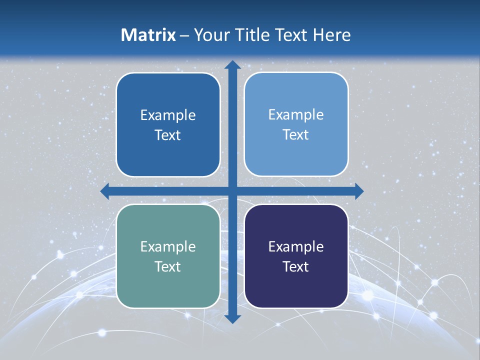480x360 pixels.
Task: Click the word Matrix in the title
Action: coord(148,35)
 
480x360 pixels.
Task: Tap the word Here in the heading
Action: coord(331,35)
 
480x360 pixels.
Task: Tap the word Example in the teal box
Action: coord(168,246)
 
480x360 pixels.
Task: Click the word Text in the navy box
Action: coord(296,266)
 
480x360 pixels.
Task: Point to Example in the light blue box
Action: coord(296,114)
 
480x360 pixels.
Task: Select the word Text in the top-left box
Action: coord(168,135)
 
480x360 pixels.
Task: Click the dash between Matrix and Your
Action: coord(184,35)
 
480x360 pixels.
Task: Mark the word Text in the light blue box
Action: coord(296,134)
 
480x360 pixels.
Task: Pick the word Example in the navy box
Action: coord(296,246)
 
